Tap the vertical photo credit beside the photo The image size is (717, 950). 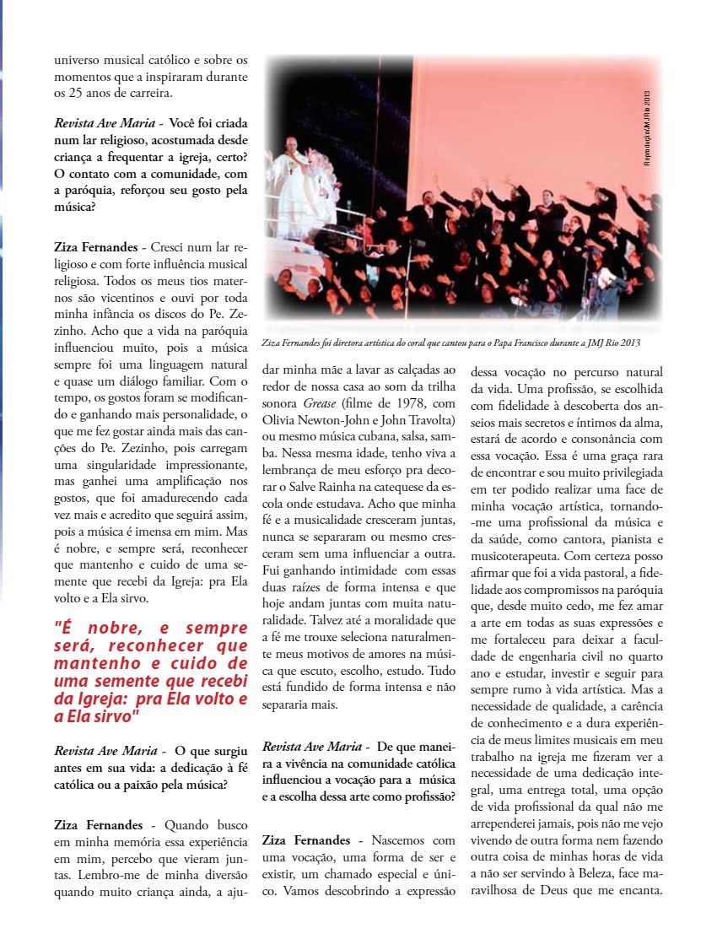point(647,127)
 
